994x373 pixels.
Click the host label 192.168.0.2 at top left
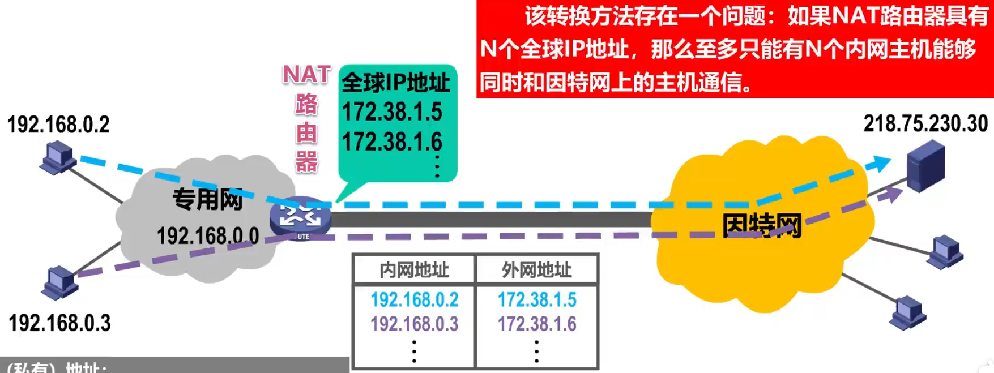click(58, 125)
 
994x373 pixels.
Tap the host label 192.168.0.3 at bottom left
click(59, 323)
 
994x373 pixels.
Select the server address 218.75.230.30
click(925, 124)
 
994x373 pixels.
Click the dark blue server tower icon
click(925, 165)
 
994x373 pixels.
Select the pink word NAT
click(306, 75)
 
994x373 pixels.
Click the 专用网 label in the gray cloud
click(208, 199)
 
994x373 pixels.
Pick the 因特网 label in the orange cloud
click(762, 226)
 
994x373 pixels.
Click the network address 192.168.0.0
click(208, 236)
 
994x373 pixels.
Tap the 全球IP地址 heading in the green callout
click(396, 83)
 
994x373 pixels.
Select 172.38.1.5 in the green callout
click(392, 112)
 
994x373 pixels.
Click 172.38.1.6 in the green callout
click(392, 142)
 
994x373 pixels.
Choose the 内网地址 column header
click(414, 270)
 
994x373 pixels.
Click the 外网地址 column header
click(536, 270)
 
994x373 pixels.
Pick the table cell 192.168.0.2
click(414, 299)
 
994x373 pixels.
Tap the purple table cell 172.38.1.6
click(537, 324)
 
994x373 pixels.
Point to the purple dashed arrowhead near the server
click(894, 195)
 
